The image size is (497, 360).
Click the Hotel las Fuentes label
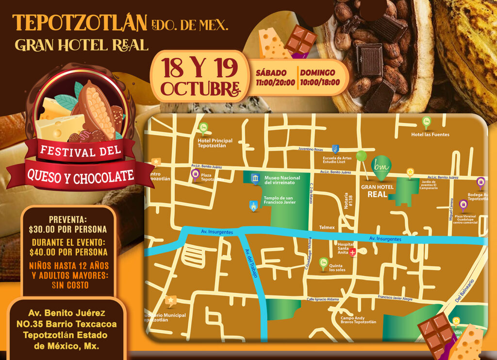point(430,135)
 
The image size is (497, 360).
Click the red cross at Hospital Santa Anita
point(353,252)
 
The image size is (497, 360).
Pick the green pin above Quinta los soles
point(323,263)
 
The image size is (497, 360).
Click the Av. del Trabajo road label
point(251,264)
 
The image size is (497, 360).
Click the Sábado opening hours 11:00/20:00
point(276,83)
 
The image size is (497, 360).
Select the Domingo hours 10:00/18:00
point(317,83)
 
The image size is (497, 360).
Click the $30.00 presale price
point(67,229)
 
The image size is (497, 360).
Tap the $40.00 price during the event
point(67,252)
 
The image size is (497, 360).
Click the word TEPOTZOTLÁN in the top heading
point(80,22)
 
